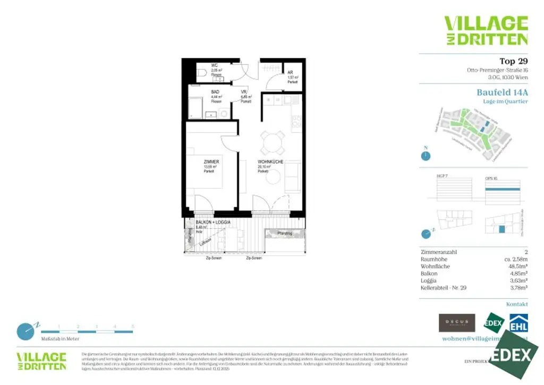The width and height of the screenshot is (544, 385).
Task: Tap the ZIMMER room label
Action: pyautogui.click(x=211, y=162)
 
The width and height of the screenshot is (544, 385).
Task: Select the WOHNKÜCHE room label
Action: pyautogui.click(x=270, y=162)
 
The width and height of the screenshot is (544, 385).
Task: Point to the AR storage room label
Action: pyautogui.click(x=290, y=73)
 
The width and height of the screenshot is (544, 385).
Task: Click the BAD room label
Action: pyautogui.click(x=215, y=92)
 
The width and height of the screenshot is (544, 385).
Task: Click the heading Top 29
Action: pyautogui.click(x=513, y=61)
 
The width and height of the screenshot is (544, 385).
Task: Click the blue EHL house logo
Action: pyautogui.click(x=518, y=323)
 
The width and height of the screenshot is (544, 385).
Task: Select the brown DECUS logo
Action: pyautogui.click(x=456, y=323)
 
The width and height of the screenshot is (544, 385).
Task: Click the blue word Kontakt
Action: pyautogui.click(x=517, y=304)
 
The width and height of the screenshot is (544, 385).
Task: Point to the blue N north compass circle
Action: pyautogui.click(x=426, y=155)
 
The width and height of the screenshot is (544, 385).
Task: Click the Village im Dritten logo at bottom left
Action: pyautogui.click(x=41, y=361)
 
